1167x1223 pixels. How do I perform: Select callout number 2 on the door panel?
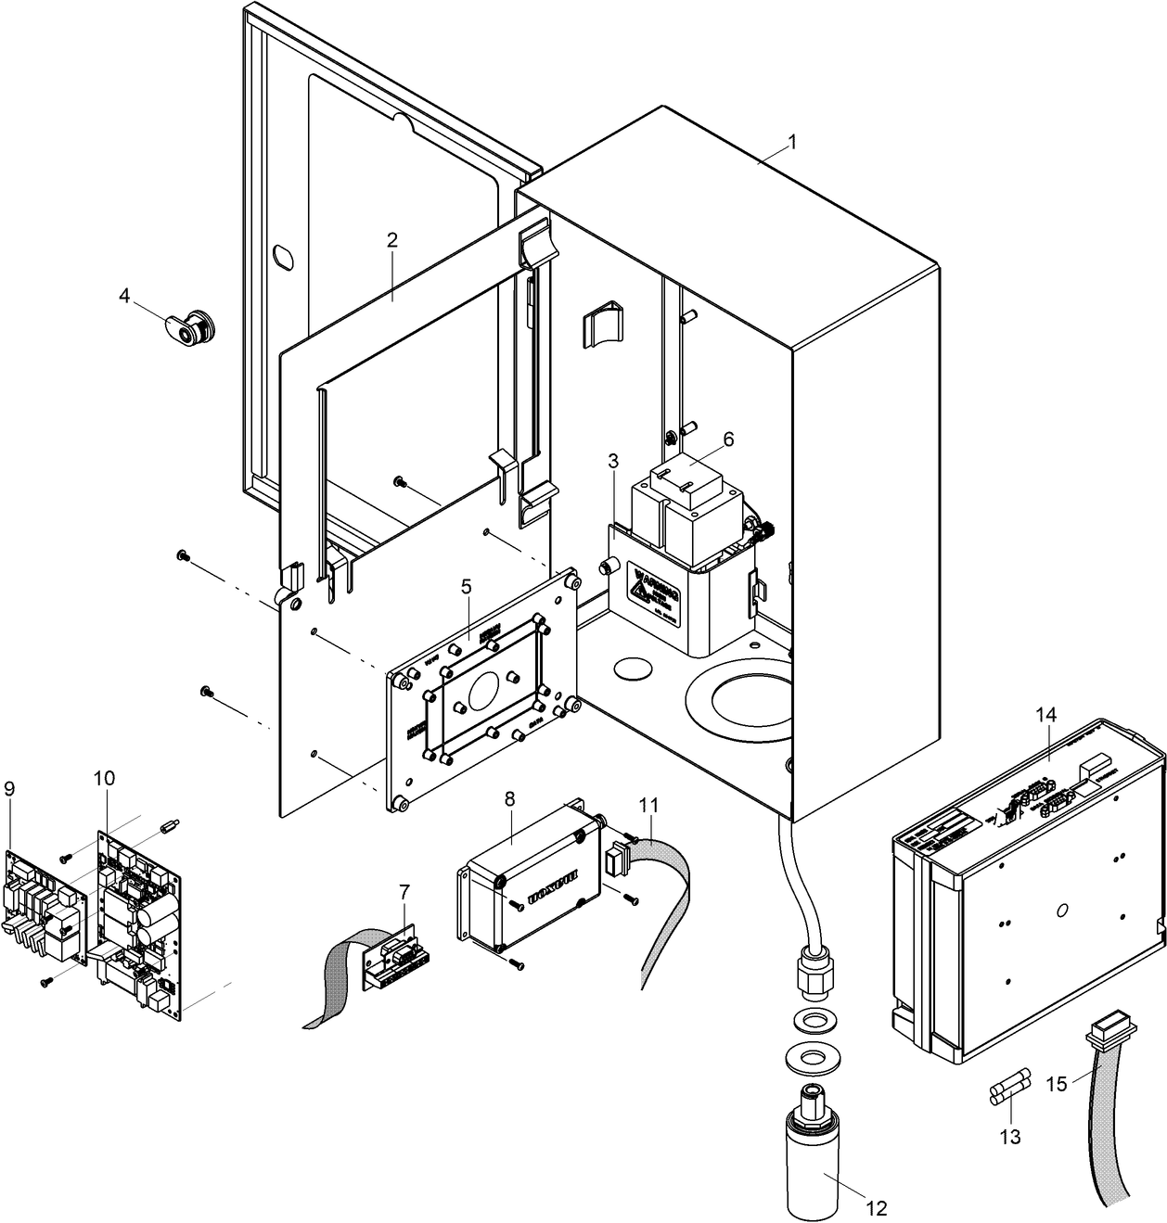(x=392, y=239)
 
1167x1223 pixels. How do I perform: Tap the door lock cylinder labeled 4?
(x=194, y=325)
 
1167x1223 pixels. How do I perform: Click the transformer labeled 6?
(x=686, y=505)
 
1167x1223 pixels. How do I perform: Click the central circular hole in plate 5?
(x=483, y=690)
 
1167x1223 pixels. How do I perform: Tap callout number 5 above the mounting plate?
(x=466, y=586)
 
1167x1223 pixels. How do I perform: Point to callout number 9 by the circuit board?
(x=9, y=788)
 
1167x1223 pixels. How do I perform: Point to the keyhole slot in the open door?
(x=283, y=256)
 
